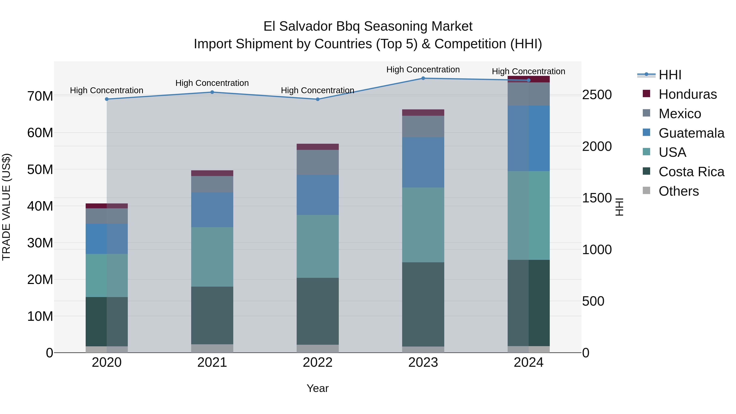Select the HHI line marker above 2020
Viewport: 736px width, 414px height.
107,99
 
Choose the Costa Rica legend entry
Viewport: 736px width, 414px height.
691,172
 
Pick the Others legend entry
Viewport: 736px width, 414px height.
679,191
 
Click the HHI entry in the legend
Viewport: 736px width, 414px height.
670,75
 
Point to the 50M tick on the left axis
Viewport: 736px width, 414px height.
40,169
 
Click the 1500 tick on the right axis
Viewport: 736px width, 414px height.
597,198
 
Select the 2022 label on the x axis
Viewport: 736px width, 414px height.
318,362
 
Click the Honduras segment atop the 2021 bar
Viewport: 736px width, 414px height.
212,173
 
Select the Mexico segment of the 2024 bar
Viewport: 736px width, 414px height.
528,94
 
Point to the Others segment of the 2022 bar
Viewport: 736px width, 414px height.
318,349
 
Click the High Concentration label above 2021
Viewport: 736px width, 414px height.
212,83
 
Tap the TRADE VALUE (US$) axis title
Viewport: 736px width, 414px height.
6,207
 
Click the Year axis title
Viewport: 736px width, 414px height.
318,388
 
